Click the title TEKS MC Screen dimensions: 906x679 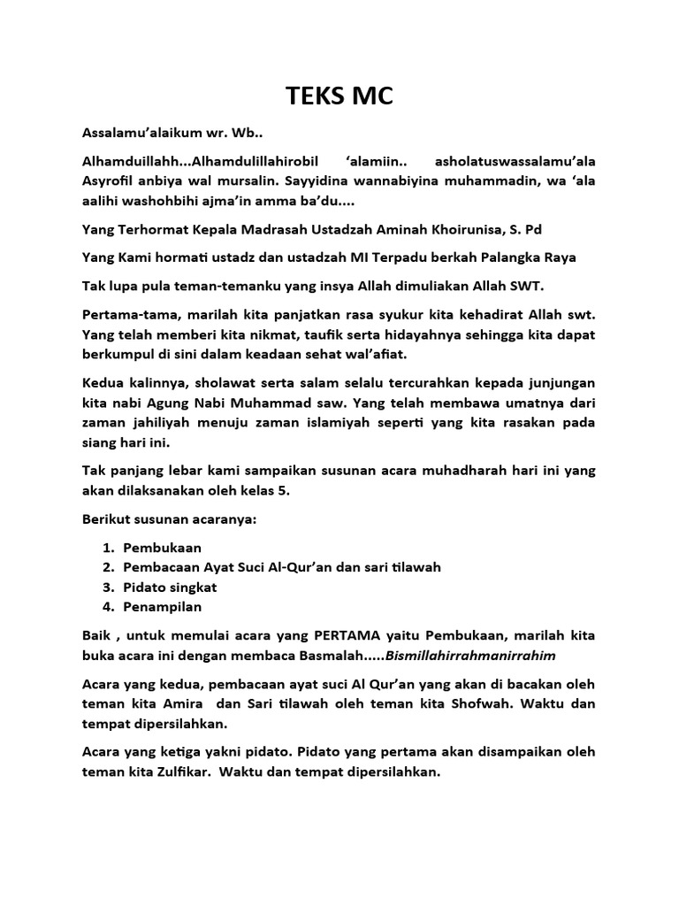click(x=339, y=97)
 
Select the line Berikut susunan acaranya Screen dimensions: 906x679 click(x=169, y=519)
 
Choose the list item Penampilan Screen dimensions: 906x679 click(x=163, y=606)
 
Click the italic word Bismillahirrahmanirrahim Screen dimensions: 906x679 click(x=479, y=655)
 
